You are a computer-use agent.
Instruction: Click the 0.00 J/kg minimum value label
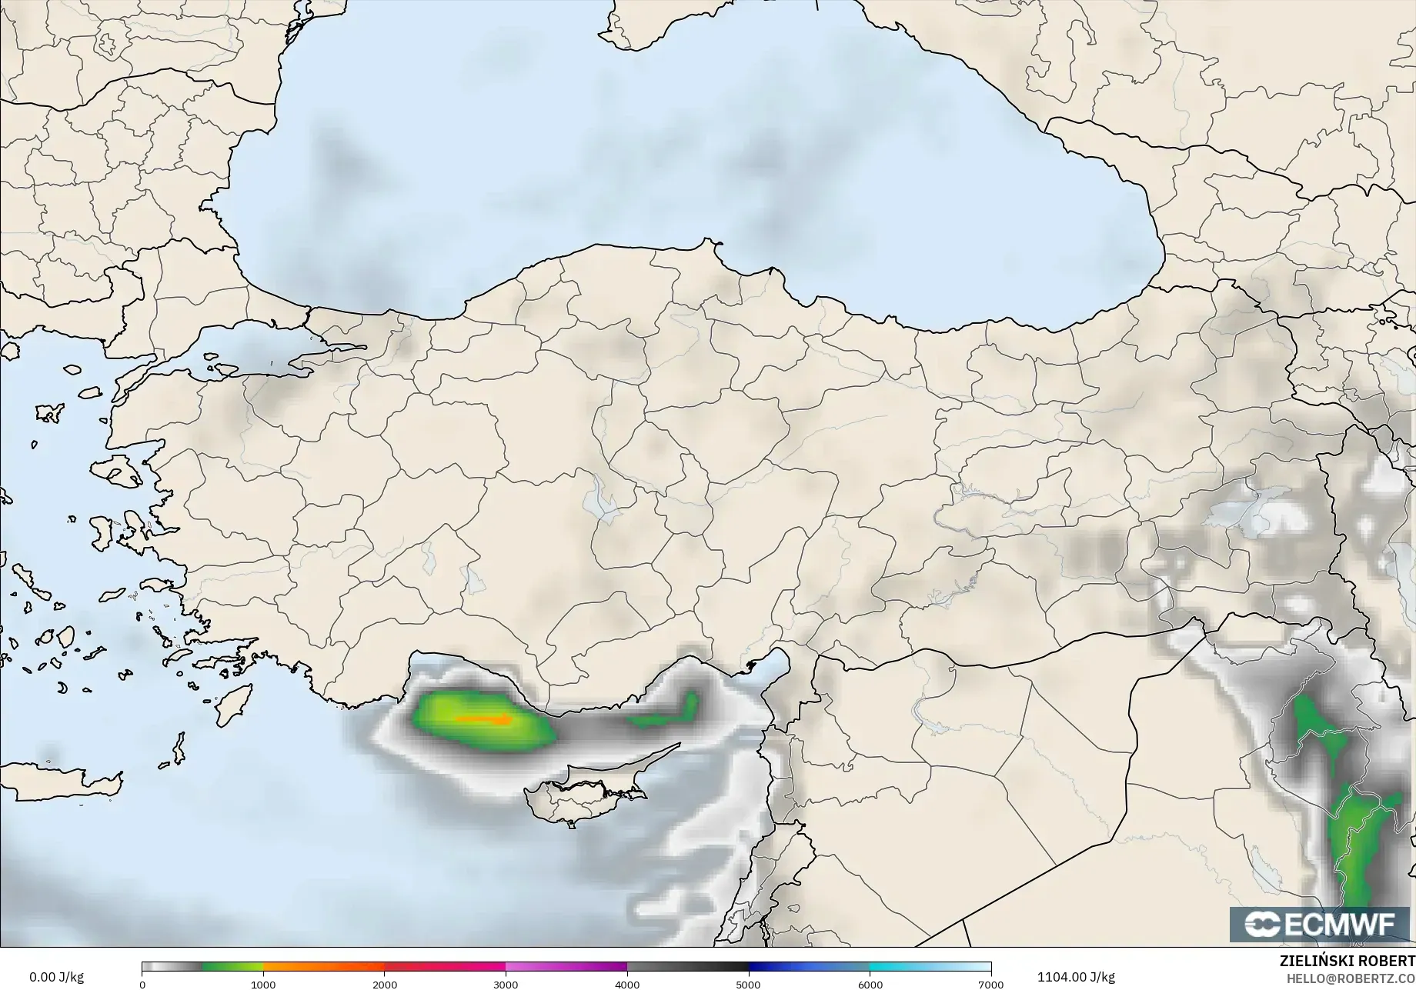pyautogui.click(x=56, y=977)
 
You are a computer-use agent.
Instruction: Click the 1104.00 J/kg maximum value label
pyautogui.click(x=1075, y=977)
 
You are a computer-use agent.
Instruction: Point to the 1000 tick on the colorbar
pyautogui.click(x=263, y=984)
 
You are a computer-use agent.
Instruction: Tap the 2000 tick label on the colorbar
pyautogui.click(x=385, y=984)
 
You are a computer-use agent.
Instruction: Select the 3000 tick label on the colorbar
pyautogui.click(x=506, y=984)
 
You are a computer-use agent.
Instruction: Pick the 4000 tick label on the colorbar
pyautogui.click(x=627, y=984)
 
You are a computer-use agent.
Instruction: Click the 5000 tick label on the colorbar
pyautogui.click(x=748, y=984)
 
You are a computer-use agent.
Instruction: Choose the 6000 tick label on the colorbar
pyautogui.click(x=870, y=984)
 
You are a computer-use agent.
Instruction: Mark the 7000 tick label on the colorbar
pyautogui.click(x=990, y=984)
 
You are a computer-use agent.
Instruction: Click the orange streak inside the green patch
pyautogui.click(x=483, y=720)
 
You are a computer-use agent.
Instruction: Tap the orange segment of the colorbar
pyautogui.click(x=323, y=967)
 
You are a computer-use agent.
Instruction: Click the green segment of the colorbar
pyautogui.click(x=231, y=967)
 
